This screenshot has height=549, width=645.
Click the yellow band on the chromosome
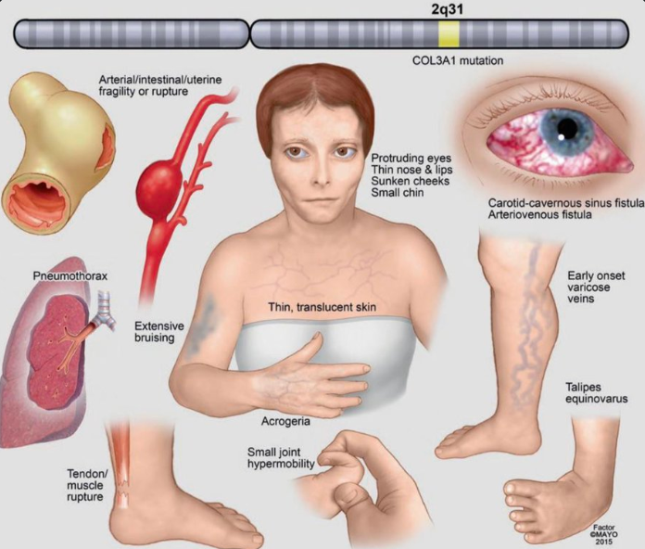coord(449,35)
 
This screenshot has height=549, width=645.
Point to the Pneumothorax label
coord(62,275)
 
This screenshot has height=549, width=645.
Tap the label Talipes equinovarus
coord(596,392)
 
